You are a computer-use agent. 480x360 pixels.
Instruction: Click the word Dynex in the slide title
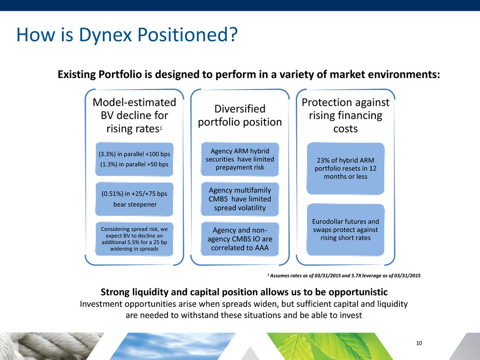tap(106, 35)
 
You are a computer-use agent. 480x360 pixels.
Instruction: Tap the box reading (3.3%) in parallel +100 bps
tap(134, 159)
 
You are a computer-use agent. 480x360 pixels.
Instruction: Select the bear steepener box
tap(134, 199)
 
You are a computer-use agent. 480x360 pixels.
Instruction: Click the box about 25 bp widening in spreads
tap(134, 239)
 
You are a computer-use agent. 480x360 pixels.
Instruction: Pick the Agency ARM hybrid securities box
tap(239, 159)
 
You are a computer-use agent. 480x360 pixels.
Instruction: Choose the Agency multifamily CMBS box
tap(239, 199)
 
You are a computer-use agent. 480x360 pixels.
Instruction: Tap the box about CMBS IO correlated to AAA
tap(239, 239)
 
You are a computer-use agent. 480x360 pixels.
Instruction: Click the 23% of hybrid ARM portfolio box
tap(345, 169)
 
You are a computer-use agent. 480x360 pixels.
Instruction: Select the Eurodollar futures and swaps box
tap(345, 230)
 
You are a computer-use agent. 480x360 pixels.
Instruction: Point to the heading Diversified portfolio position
tap(239, 115)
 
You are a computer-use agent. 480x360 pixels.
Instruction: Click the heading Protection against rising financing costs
tap(345, 115)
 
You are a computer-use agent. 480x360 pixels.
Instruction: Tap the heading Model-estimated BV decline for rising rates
tap(134, 115)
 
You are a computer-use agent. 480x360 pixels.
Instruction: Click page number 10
tap(419, 343)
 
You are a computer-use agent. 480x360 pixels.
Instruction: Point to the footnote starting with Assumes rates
tap(344, 276)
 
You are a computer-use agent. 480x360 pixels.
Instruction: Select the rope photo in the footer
tap(49, 346)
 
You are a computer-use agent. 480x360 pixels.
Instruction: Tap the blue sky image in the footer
tap(175, 346)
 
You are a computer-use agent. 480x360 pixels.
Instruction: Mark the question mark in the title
tap(233, 34)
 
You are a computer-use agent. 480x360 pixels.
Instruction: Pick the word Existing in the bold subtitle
tap(77, 75)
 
